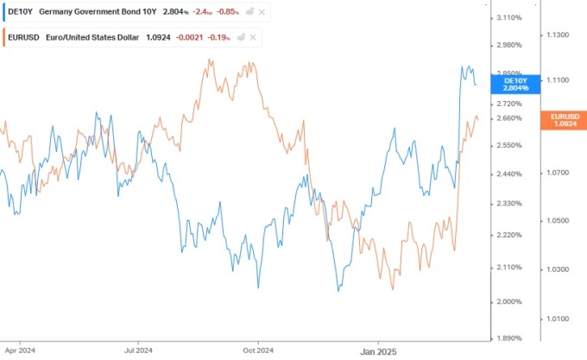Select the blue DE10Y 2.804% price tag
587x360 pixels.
514,84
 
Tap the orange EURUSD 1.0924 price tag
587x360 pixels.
565,120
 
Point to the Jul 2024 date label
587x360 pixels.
138,351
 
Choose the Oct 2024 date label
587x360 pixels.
258,351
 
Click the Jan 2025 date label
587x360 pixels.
377,351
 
